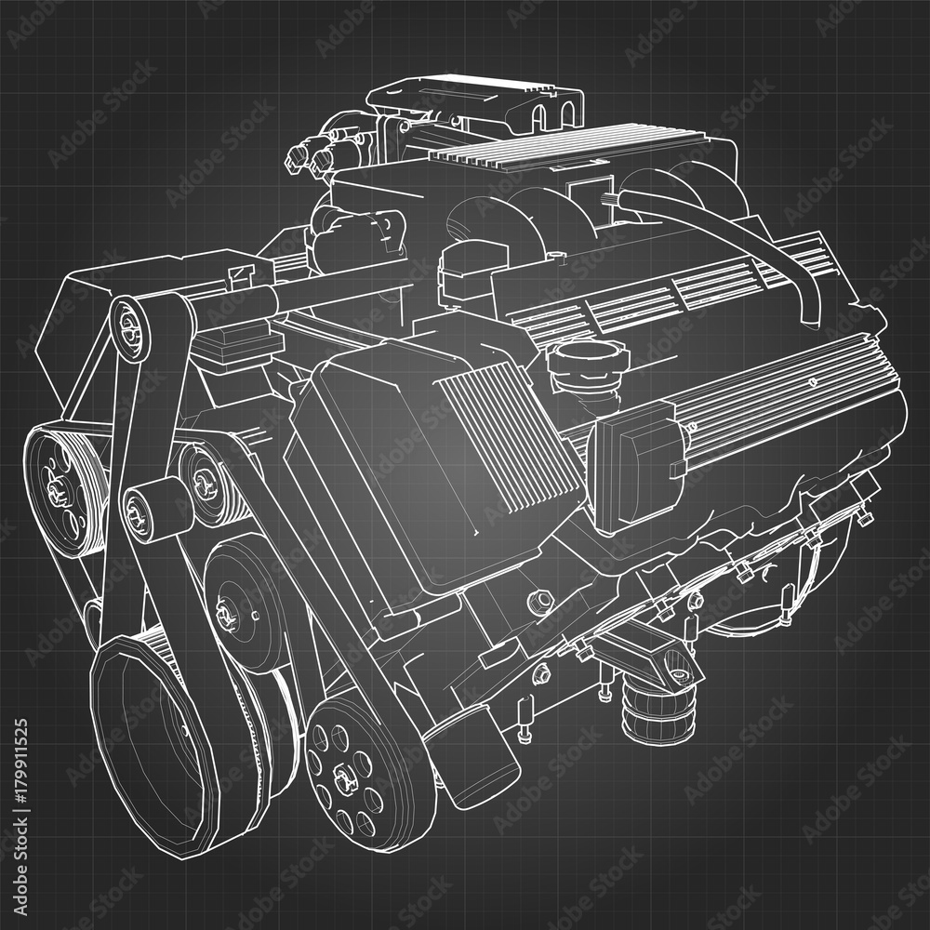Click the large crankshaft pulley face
[153, 735]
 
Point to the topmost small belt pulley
[131, 325]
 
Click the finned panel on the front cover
[511, 437]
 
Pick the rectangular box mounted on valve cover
[637, 464]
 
